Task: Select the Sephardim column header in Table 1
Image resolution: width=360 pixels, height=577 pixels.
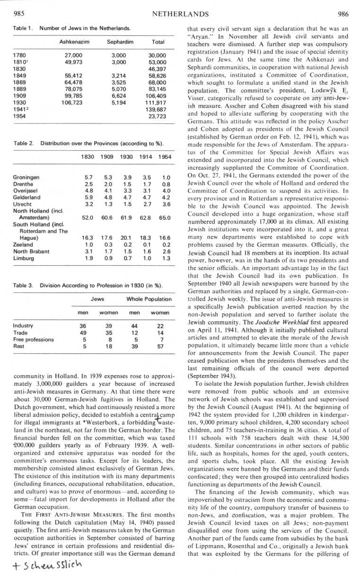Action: click(120, 42)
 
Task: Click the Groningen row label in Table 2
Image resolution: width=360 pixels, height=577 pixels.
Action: click(27, 178)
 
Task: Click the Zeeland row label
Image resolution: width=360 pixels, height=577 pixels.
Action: click(23, 245)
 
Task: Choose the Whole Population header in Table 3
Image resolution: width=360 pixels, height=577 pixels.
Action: click(149, 299)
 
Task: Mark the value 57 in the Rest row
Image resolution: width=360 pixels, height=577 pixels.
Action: click(160, 346)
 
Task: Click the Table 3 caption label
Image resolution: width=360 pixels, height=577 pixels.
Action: click(23, 285)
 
